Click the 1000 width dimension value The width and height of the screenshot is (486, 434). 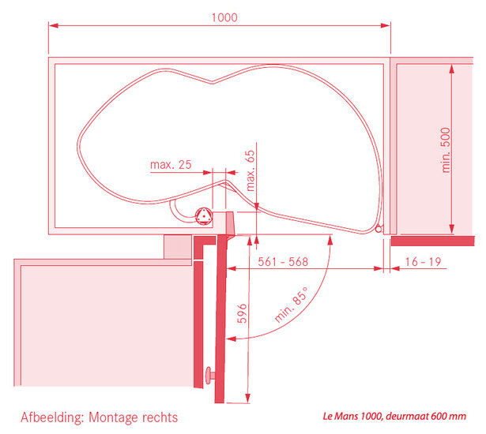[224, 17]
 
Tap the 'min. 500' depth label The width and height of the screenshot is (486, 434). [446, 150]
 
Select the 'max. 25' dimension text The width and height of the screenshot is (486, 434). [171, 164]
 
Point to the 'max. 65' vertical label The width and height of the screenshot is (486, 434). [250, 170]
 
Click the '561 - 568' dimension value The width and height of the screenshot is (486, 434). [283, 261]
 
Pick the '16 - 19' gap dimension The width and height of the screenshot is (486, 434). [423, 261]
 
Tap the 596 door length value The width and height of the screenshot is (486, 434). [242, 313]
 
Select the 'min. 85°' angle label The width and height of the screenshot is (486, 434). [292, 305]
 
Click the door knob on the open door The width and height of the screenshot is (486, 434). [210, 376]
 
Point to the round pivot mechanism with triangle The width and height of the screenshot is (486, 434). [204, 215]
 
